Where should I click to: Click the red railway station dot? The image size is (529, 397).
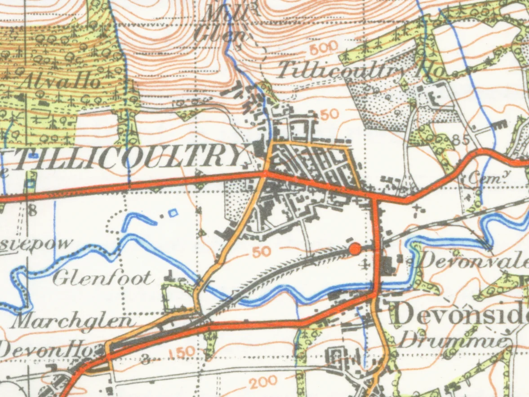355,248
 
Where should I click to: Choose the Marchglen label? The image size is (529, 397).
74,321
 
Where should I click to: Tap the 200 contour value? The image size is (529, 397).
263,382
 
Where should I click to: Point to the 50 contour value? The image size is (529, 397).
261,252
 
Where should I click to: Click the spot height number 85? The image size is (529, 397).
461,140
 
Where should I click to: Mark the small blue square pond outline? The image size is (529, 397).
173,214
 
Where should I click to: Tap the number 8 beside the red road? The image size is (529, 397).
33,210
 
